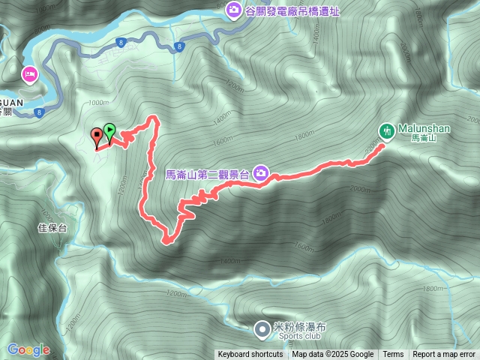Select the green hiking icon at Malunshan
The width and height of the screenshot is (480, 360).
[386, 130]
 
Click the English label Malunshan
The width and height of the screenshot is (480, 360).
[424, 128]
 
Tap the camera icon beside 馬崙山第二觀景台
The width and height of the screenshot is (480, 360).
[260, 173]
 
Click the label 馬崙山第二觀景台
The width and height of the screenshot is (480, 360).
[208, 174]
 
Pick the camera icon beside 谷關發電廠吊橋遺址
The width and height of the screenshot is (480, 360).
[233, 10]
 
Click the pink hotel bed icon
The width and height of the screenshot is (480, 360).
[30, 74]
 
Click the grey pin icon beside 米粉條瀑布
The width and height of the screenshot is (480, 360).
[261, 328]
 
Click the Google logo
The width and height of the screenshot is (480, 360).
[28, 349]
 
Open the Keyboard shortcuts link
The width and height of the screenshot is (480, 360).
[250, 355]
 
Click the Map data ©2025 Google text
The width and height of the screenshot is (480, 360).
[333, 355]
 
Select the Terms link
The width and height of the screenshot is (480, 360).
[393, 355]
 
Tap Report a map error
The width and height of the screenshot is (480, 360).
[445, 355]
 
